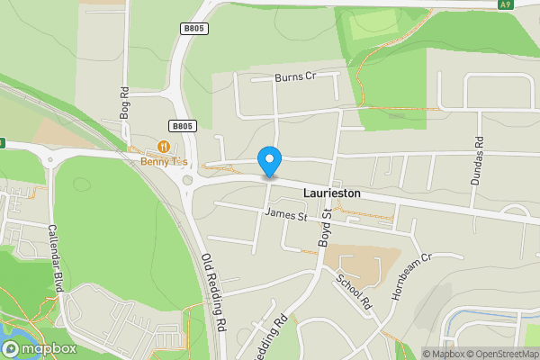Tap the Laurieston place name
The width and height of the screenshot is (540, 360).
(x=332, y=193)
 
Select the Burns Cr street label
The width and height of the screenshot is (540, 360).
(x=296, y=77)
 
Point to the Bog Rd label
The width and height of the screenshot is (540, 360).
(x=125, y=103)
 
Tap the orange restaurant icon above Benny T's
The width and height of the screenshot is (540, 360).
(x=164, y=146)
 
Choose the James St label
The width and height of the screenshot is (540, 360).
(x=287, y=216)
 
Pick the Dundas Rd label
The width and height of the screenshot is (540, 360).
(x=478, y=161)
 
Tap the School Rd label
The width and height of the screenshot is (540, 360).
(x=354, y=290)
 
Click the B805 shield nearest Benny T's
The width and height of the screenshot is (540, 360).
(x=182, y=127)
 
